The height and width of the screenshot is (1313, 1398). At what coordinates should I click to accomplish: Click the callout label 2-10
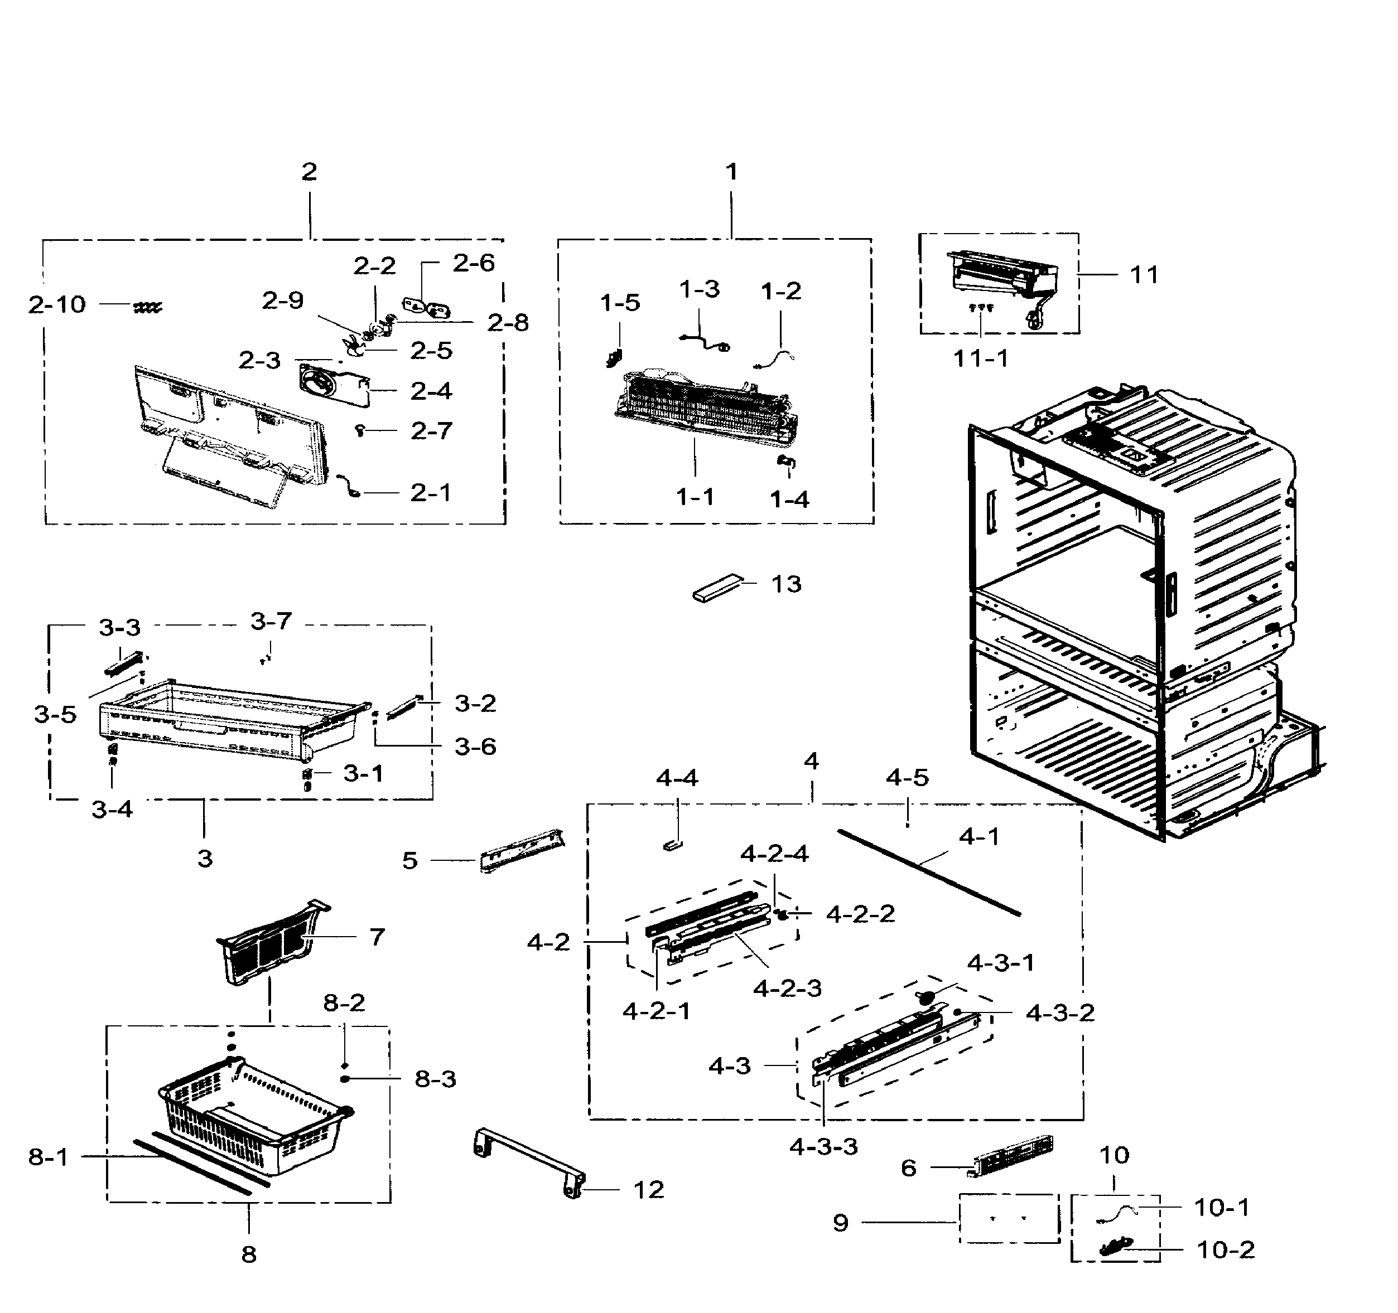tap(57, 305)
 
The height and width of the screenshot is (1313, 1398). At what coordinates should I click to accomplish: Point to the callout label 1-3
tap(700, 289)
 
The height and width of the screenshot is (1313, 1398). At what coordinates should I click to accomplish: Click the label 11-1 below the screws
tap(980, 359)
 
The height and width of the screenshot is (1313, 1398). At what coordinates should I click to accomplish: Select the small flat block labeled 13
tap(717, 587)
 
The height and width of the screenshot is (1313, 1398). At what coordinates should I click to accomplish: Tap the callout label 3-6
tap(475, 747)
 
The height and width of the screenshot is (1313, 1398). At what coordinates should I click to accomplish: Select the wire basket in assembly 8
tap(257, 1118)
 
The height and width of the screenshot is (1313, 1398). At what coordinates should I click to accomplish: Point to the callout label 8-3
tap(435, 1079)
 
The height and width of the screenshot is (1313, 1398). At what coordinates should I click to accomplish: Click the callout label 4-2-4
tap(774, 854)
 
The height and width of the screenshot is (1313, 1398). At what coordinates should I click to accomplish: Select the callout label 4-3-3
tap(823, 1147)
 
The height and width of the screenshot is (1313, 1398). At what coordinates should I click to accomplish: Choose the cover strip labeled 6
tap(1013, 1156)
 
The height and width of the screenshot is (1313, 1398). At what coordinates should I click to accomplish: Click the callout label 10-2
tap(1226, 1250)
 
